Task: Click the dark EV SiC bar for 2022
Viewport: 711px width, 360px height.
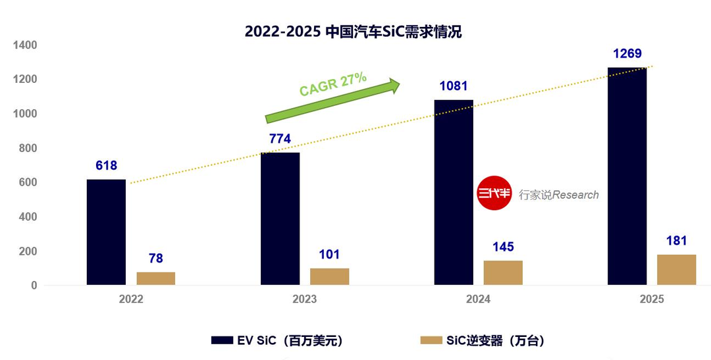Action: coord(106,232)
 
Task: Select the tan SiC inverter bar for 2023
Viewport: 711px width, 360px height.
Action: coord(330,276)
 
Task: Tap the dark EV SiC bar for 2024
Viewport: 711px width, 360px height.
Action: coord(454,192)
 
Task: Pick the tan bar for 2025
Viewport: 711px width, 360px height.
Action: coord(677,270)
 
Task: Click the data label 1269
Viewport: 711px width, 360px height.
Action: coord(627,53)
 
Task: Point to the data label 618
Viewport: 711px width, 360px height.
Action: coord(106,165)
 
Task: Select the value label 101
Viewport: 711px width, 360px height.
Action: coord(329,254)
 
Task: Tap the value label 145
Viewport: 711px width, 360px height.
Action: coord(504,247)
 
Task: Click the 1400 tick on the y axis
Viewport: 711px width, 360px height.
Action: coord(26,45)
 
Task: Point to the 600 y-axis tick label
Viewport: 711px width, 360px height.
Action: coord(28,183)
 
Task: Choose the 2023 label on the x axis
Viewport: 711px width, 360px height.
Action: coord(305,299)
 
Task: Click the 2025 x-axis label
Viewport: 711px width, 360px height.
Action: coord(652,299)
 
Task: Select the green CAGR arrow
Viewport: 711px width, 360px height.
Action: coord(332,101)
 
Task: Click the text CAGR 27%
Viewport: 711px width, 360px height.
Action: coord(333,84)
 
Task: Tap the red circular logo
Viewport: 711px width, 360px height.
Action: coord(494,193)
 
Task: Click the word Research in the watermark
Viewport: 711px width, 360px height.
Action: coord(576,195)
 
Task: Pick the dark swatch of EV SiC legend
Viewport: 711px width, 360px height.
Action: coord(223,340)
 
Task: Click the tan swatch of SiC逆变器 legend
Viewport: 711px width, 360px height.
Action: coord(431,340)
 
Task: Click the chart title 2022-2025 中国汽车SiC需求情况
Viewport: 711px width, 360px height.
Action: coord(354,32)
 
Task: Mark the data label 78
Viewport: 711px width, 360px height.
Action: coord(155,259)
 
